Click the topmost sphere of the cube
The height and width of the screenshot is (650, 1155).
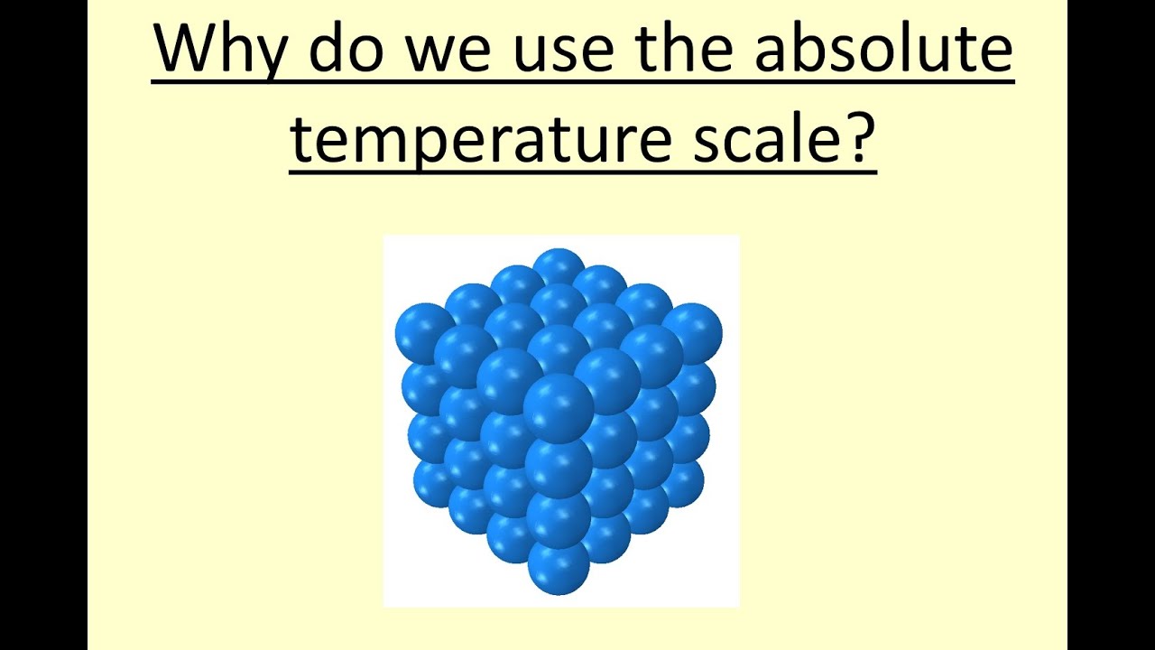pyautogui.click(x=559, y=268)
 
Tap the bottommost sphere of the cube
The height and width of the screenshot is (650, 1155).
pyautogui.click(x=559, y=568)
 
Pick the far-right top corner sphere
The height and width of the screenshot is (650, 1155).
pyautogui.click(x=692, y=330)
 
